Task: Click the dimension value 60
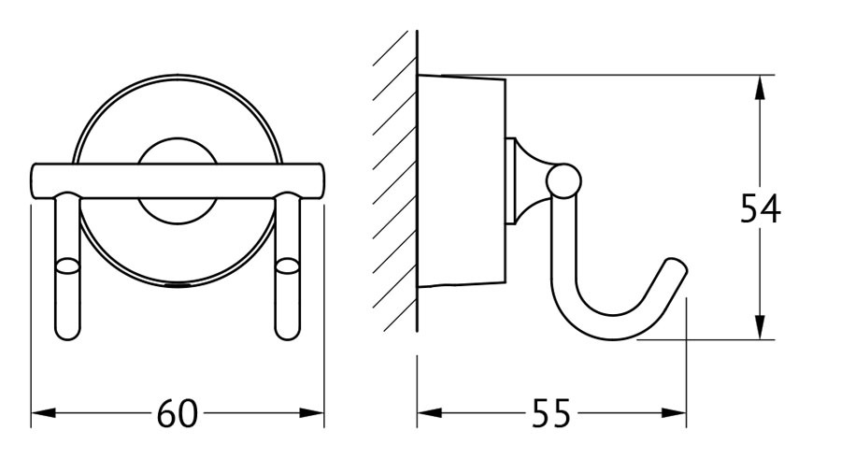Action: pyautogui.click(x=178, y=414)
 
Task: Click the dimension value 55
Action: pyautogui.click(x=551, y=414)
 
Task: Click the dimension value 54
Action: pyautogui.click(x=761, y=208)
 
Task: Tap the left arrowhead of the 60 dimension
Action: pyautogui.click(x=43, y=413)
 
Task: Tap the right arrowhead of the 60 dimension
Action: pyautogui.click(x=311, y=413)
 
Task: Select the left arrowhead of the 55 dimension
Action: pyautogui.click(x=429, y=413)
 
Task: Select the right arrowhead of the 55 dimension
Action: pyautogui.click(x=674, y=413)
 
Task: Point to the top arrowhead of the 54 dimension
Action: pyautogui.click(x=760, y=88)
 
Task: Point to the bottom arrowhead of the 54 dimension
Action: pyautogui.click(x=760, y=327)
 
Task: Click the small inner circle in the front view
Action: pyautogui.click(x=178, y=183)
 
